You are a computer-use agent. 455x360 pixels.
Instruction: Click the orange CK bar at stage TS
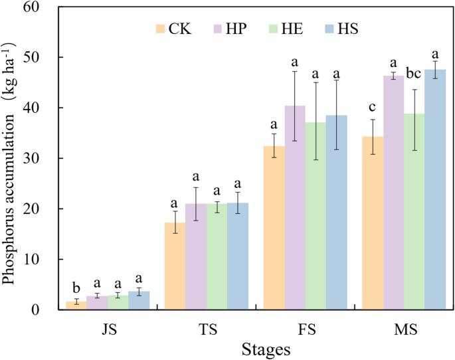point(175,266)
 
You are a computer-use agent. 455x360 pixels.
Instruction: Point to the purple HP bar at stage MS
point(394,193)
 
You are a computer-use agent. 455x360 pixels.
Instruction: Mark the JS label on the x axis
point(106,330)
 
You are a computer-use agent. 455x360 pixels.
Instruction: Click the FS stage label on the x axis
point(305,330)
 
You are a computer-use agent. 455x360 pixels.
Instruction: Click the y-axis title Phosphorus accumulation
point(11,159)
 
